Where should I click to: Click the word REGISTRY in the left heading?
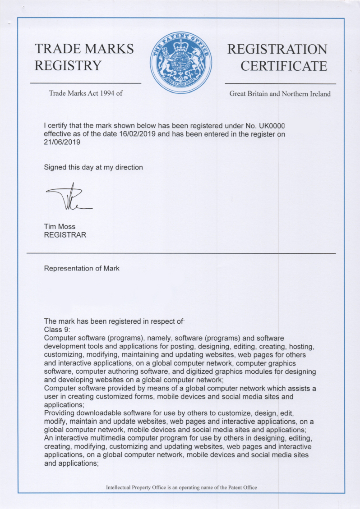[x=68, y=66]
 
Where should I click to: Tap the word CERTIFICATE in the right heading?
[x=283, y=66]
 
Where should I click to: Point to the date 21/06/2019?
[x=62, y=142]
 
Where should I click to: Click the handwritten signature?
[x=69, y=199]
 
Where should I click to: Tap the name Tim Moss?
[x=60, y=226]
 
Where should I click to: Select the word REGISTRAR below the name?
[x=65, y=235]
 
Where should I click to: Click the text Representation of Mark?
[x=82, y=269]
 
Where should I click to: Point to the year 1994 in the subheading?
[x=106, y=94]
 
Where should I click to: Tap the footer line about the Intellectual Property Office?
[x=181, y=487]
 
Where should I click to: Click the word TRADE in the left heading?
[x=57, y=49]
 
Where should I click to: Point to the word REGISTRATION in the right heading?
[x=277, y=49]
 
